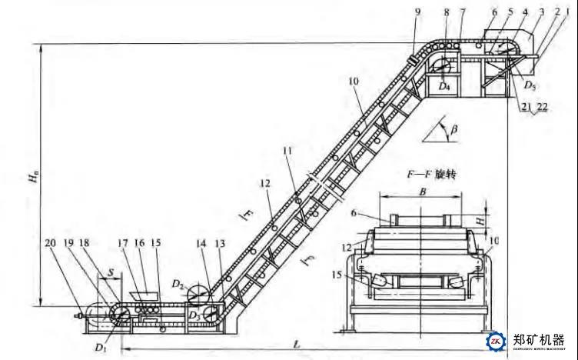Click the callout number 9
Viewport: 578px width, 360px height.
[x=417, y=12]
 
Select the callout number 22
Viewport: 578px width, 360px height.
[x=542, y=108]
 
